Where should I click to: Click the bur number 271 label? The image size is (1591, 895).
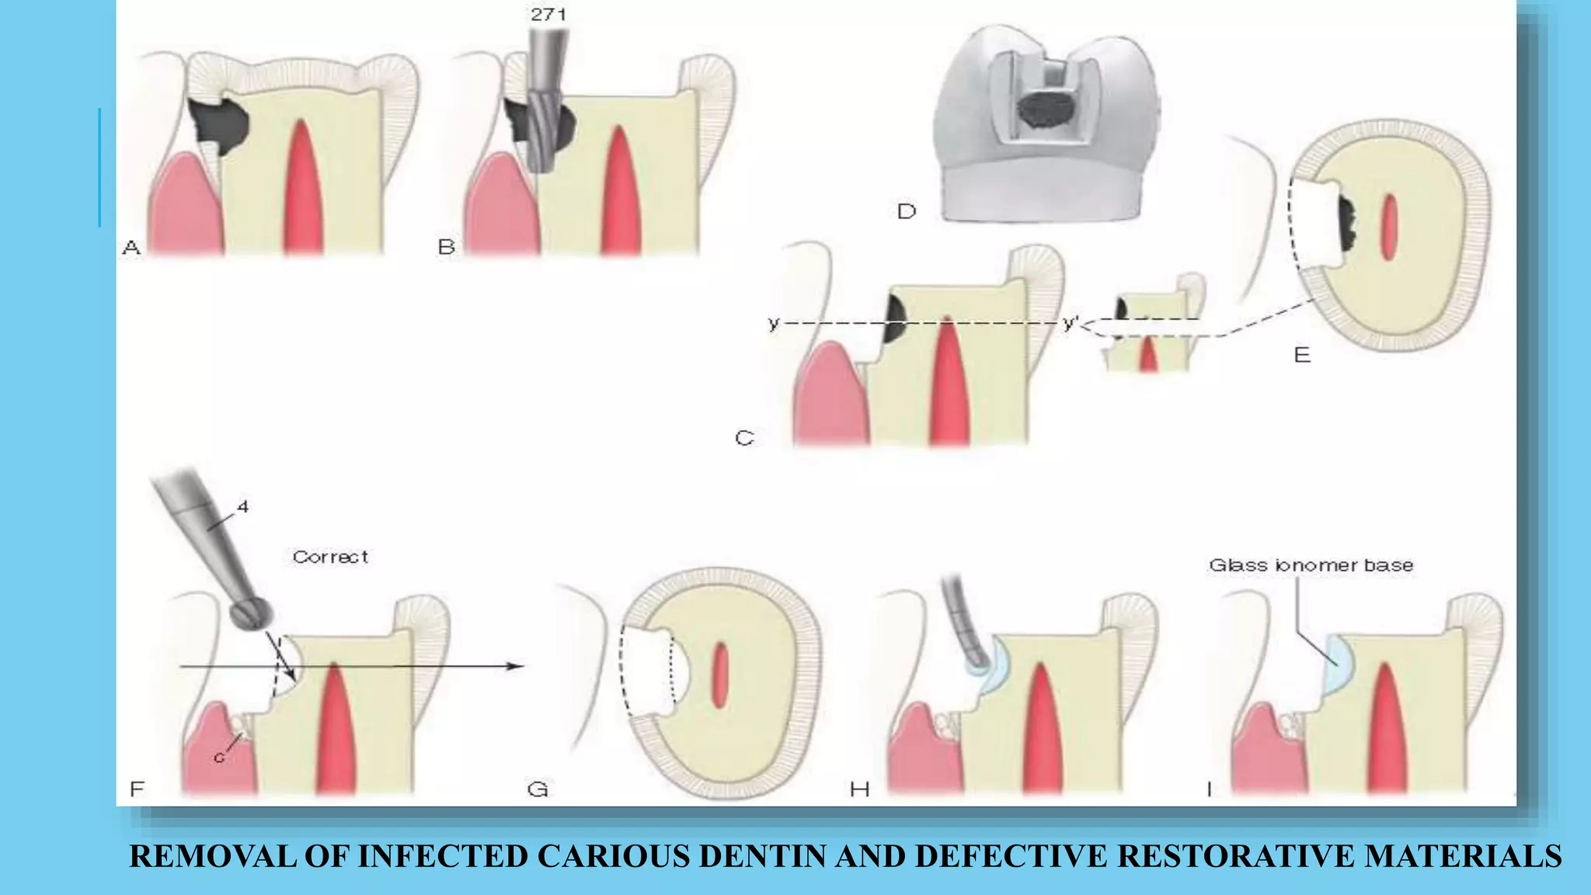548,14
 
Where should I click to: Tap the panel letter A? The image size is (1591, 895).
131,248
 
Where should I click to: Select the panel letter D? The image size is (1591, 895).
907,211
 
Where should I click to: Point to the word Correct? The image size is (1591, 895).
330,557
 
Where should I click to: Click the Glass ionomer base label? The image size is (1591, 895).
1311,566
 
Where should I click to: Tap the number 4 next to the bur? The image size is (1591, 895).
243,507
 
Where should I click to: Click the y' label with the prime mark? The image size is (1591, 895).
1070,322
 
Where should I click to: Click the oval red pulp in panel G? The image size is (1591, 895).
720,675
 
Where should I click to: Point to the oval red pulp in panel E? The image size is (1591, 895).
1389,227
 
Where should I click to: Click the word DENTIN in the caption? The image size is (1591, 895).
763,856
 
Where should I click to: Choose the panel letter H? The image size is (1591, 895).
859,790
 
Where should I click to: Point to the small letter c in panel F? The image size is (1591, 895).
219,757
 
